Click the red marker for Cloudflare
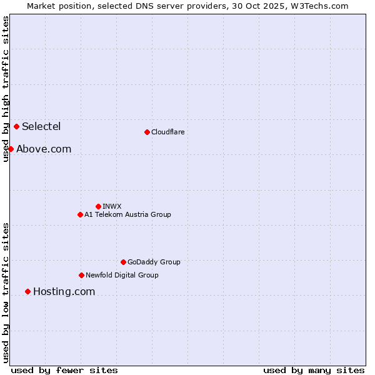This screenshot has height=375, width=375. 147,132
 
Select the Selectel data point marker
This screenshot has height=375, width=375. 16,126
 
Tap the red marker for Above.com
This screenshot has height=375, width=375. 11,149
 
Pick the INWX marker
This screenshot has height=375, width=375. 98,206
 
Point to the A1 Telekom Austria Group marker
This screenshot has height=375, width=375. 80,214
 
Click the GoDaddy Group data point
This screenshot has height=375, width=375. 123,262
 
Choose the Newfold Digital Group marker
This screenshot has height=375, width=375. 81,275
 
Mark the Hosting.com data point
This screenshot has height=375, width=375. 27,291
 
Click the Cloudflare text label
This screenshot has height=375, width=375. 168,132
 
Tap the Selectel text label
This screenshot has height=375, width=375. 41,126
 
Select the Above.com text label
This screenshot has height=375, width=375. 44,149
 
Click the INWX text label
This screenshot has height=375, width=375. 112,206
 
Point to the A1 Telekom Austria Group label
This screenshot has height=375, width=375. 127,214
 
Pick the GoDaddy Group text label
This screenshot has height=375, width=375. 154,262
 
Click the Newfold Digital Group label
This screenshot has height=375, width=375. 122,275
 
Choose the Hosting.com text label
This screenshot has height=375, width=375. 64,291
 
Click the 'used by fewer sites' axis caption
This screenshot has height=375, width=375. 64,370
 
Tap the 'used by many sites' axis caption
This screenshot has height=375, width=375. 314,370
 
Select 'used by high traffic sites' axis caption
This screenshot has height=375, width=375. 6,89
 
